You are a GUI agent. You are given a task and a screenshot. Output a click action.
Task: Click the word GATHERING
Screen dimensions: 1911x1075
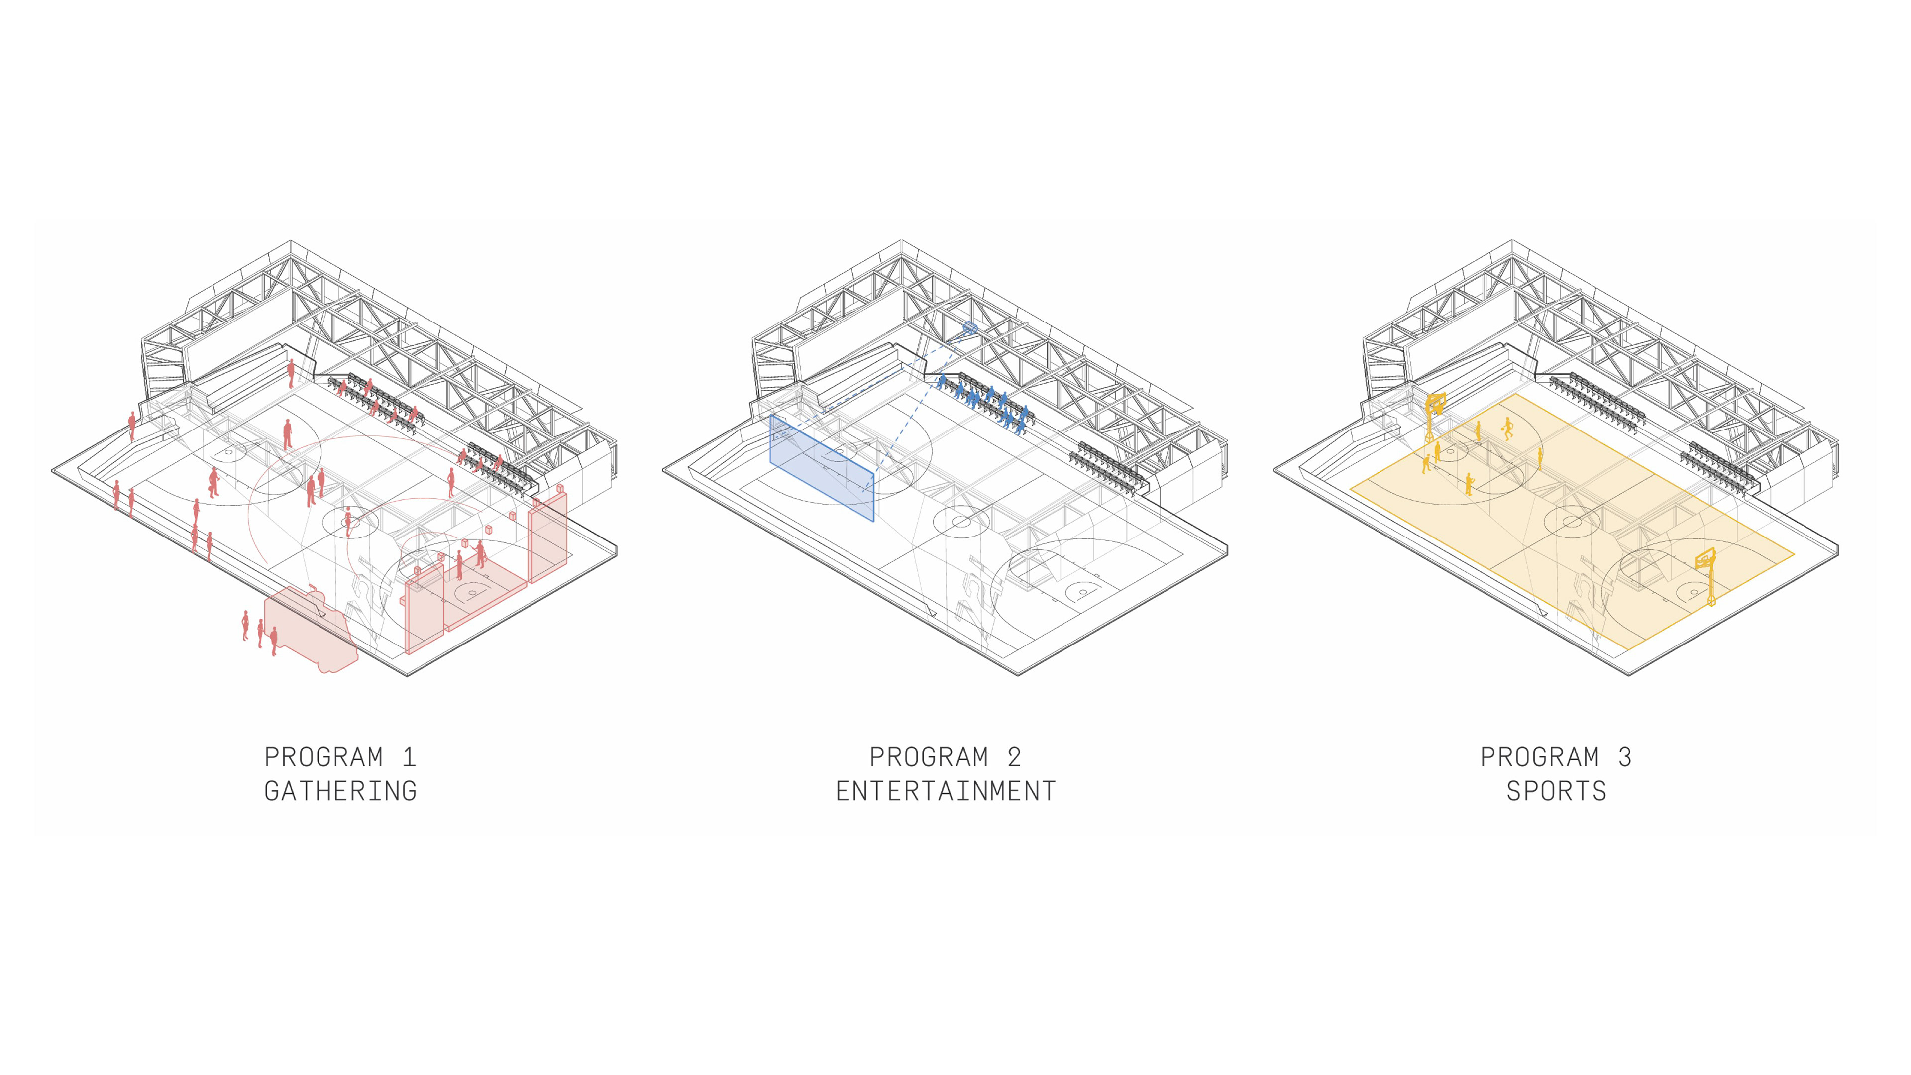point(340,792)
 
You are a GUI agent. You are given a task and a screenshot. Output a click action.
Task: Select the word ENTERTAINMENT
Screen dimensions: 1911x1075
point(946,792)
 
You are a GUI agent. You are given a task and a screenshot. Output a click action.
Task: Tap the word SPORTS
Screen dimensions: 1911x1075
point(1556,792)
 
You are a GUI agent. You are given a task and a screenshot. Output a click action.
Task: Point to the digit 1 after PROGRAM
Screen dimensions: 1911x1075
point(409,757)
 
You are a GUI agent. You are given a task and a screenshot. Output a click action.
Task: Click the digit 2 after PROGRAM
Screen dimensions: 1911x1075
point(1014,757)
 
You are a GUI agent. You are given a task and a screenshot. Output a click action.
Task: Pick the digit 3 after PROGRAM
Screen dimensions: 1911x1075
point(1625,757)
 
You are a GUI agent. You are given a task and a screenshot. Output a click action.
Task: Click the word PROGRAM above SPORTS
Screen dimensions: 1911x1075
point(1539,757)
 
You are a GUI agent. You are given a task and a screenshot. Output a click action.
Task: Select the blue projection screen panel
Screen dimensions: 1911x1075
point(821,469)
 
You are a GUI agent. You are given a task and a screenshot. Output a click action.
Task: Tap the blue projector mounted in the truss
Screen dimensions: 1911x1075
point(969,327)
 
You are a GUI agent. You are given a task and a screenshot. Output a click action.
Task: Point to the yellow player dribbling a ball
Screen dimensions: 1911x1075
point(1507,428)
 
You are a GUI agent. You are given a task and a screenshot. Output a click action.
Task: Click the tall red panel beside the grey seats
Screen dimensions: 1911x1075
point(548,538)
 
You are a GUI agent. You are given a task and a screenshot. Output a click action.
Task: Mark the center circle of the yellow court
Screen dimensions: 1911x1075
point(1571,522)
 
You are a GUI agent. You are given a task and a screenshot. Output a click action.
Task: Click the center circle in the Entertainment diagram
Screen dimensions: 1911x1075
point(960,522)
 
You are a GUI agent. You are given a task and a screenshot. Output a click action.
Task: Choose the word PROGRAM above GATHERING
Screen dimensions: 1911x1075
point(323,757)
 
